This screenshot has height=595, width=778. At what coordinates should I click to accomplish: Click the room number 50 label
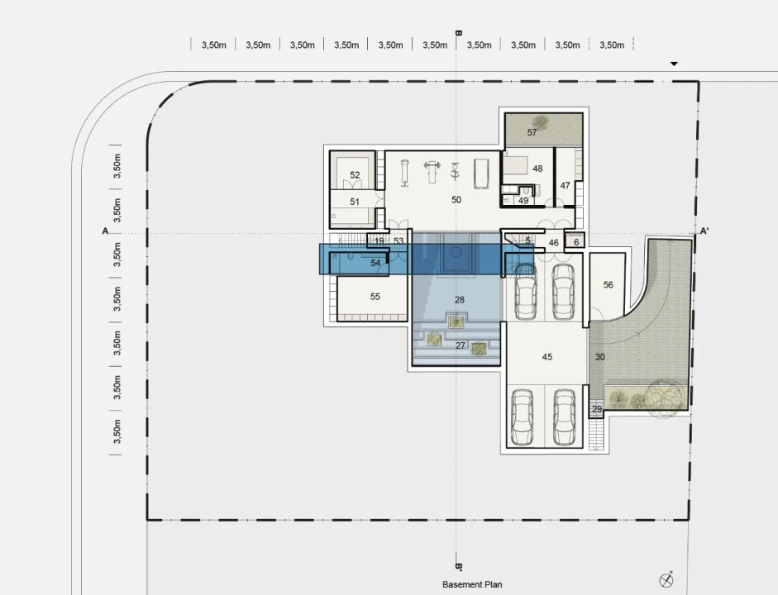tap(456, 199)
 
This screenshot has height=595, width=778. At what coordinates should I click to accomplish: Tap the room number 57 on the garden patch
tap(532, 132)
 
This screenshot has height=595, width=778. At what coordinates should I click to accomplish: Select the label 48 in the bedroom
tap(537, 169)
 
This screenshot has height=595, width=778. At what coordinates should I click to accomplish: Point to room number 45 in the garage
tap(547, 357)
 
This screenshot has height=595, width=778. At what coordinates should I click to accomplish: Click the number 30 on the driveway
tap(600, 357)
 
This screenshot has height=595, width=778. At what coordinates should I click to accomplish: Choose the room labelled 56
tap(608, 284)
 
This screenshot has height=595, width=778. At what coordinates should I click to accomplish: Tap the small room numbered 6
tap(575, 242)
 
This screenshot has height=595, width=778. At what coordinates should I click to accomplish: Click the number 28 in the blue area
tap(460, 300)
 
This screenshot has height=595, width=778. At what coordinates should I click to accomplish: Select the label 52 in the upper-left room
tap(355, 175)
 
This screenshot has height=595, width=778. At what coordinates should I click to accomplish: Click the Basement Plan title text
tap(472, 584)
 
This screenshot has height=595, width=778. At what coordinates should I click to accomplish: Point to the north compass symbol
tap(666, 579)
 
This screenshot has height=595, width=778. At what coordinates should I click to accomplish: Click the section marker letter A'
tap(704, 231)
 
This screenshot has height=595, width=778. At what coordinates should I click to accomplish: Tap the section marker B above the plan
tap(458, 34)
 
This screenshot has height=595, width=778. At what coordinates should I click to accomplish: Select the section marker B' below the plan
tap(459, 566)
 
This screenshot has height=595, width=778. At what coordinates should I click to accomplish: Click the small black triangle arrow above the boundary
tap(674, 64)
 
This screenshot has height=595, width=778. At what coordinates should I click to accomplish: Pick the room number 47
tap(565, 185)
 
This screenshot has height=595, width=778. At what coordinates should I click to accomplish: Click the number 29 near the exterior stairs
tap(597, 409)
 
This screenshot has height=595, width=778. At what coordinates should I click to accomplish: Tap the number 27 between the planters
tap(461, 345)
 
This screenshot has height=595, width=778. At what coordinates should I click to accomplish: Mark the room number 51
tap(354, 202)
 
